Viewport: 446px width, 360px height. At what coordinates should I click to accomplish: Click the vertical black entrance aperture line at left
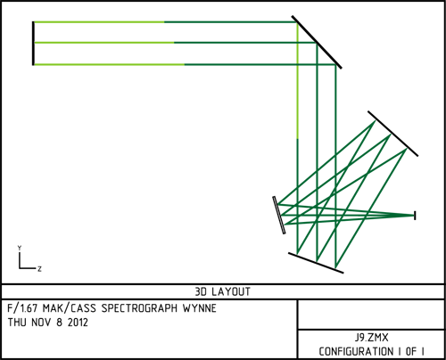click(x=33, y=43)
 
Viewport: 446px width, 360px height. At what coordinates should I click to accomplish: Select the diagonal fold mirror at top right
click(x=317, y=42)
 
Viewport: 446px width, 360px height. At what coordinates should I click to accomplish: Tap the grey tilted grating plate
click(x=279, y=215)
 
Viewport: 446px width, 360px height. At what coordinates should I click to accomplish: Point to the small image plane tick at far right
click(x=415, y=216)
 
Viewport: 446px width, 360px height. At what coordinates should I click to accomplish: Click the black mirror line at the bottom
click(x=316, y=263)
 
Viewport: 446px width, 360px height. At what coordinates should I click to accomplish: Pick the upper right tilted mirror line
click(x=392, y=134)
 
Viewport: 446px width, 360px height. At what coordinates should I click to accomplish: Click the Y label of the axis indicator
click(x=20, y=248)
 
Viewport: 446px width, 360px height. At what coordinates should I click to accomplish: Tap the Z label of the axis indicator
click(x=39, y=269)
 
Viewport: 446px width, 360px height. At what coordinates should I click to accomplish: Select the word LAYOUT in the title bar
click(x=231, y=291)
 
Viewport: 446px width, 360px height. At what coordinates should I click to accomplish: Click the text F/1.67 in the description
click(x=22, y=308)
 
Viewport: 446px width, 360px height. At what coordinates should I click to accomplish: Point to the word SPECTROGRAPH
click(x=139, y=308)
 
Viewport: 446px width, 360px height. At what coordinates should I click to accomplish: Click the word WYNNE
click(x=200, y=308)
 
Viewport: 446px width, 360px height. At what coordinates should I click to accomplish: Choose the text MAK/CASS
click(x=70, y=308)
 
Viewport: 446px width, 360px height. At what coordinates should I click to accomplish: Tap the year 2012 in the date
click(x=78, y=323)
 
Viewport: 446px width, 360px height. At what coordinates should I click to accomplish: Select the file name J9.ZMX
click(x=371, y=338)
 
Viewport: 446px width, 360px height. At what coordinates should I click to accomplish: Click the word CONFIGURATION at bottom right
click(x=356, y=351)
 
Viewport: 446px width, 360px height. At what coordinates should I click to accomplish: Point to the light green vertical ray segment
click(x=297, y=80)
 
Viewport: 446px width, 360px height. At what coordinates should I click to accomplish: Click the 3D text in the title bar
click(x=201, y=291)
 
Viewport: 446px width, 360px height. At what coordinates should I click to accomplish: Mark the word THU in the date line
click(x=17, y=323)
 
